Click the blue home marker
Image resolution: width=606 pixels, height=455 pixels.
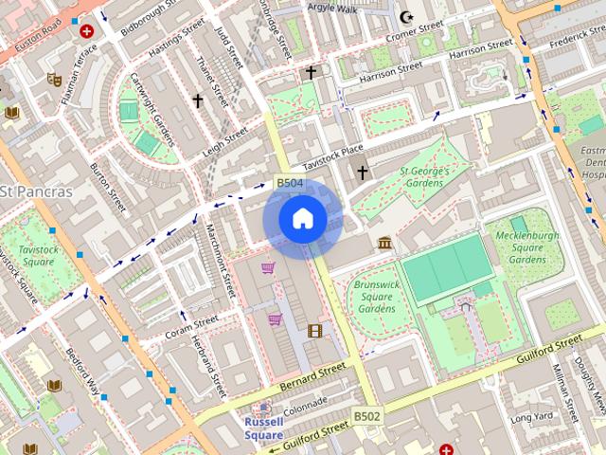pos(302,219)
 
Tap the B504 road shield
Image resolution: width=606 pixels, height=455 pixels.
pos(289,183)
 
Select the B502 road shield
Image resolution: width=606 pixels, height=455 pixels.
pos(367,416)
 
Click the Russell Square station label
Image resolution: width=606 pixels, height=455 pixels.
pos(263,428)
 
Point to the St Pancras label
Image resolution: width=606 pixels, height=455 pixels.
pos(36,191)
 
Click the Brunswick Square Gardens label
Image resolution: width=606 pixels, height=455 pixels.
pos(375,296)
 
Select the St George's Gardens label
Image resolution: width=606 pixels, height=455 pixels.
pos(422,177)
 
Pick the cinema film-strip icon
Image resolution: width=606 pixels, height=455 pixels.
pos(314,331)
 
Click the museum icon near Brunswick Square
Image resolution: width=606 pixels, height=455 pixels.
pos(384,244)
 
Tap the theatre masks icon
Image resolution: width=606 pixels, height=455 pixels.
pos(54,80)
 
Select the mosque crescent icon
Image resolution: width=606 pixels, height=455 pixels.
pos(408,16)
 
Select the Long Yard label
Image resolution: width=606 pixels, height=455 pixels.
pos(530,417)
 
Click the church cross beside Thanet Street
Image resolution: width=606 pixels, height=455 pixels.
pos(198,100)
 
